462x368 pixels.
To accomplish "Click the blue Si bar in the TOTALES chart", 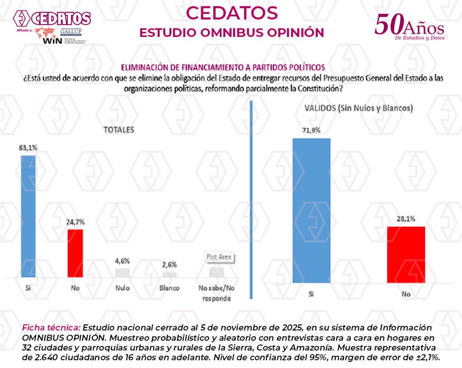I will point(28,216).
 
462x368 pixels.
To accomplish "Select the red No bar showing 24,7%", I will point(75,253).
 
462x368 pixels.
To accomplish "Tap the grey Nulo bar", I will point(122,273).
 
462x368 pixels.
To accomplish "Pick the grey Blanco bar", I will point(169,275).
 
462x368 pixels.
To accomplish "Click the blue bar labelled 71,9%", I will point(311,210).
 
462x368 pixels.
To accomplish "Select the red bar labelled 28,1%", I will point(406,254).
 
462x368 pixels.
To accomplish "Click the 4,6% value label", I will point(122,261).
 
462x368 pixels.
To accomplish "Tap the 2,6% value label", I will point(169,265).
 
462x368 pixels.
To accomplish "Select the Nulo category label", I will point(122,288).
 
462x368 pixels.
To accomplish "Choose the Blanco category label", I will point(169,288).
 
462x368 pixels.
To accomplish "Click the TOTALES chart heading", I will point(119,130).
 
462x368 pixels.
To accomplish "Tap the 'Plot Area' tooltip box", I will point(219,257).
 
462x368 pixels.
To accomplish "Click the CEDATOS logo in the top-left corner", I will point(52,18).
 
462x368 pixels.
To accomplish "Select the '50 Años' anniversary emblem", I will point(409,28).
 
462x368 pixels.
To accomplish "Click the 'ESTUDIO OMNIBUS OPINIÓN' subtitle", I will point(231,33).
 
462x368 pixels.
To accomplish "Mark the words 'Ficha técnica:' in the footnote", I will point(51,327).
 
